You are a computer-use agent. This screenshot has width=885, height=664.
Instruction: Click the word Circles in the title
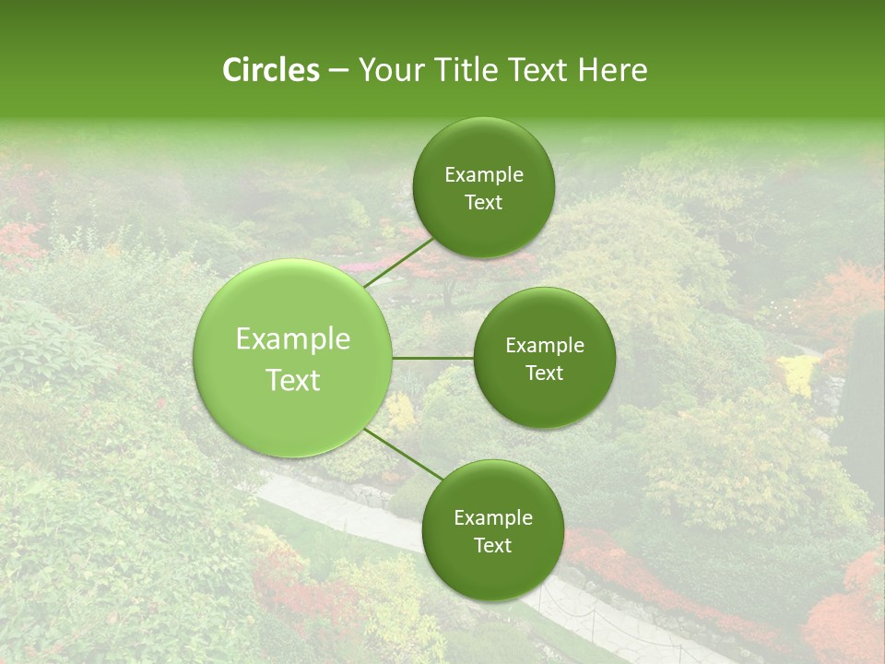(x=270, y=70)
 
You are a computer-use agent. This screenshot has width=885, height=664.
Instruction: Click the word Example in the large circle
(x=293, y=339)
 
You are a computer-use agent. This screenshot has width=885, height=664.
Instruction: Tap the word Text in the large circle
(x=293, y=380)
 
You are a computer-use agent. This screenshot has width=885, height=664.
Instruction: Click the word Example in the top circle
(x=483, y=175)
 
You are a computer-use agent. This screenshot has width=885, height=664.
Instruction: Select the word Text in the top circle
(x=483, y=203)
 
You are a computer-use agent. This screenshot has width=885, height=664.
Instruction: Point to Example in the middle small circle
(x=544, y=346)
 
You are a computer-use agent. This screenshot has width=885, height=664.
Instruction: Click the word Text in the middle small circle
(x=544, y=373)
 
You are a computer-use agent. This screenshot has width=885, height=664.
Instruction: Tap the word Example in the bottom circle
(x=492, y=518)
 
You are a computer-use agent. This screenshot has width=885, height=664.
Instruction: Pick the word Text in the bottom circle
(x=492, y=546)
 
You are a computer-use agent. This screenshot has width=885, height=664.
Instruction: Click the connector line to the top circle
(x=397, y=261)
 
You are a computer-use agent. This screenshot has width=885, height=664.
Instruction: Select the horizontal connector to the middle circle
(x=433, y=358)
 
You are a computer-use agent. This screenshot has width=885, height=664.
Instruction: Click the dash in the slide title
(x=338, y=71)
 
